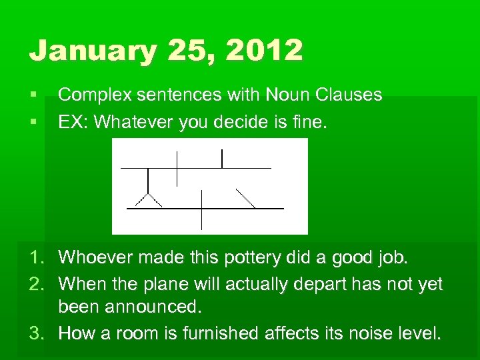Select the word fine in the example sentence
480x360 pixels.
309,122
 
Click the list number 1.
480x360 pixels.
37,257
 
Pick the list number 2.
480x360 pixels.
37,285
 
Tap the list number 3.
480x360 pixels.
37,333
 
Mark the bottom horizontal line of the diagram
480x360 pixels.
205,209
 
